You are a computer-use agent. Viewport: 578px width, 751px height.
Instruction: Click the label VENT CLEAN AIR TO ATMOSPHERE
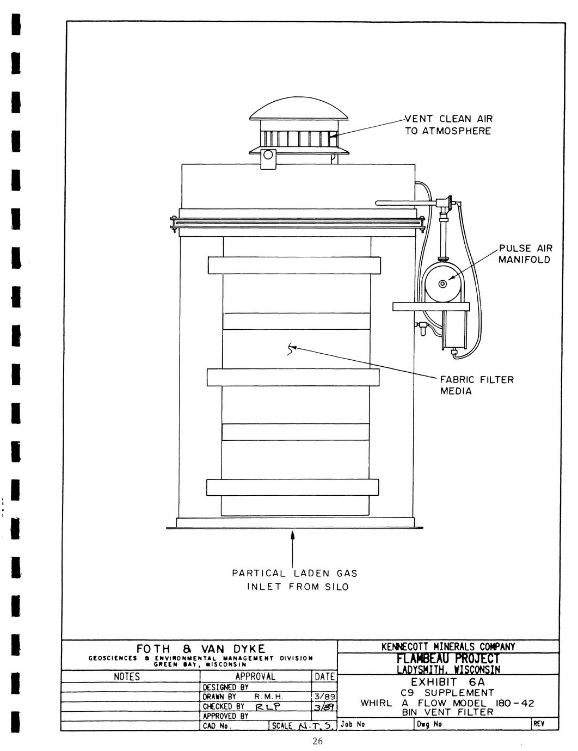pyautogui.click(x=448, y=125)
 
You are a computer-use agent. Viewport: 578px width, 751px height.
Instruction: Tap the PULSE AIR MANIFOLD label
pyautogui.click(x=525, y=254)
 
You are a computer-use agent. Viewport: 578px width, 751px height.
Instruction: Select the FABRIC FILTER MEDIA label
pyautogui.click(x=477, y=385)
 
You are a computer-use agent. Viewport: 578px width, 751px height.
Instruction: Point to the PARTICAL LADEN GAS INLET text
pyautogui.click(x=294, y=580)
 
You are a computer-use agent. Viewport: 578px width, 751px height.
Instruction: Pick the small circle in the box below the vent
pyautogui.click(x=268, y=155)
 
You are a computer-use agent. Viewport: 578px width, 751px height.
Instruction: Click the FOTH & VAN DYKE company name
pyautogui.click(x=200, y=649)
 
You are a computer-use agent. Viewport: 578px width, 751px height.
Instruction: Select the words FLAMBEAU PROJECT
pyautogui.click(x=448, y=658)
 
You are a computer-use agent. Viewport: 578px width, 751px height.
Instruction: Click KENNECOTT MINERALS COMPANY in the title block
pyautogui.click(x=448, y=647)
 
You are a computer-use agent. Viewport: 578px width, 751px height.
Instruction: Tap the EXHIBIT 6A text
pyautogui.click(x=447, y=681)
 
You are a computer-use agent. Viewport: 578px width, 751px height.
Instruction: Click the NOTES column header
pyautogui.click(x=127, y=677)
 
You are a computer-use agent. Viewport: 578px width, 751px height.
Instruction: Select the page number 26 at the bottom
pyautogui.click(x=318, y=741)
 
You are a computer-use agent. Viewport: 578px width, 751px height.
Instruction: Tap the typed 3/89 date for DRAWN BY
pyautogui.click(x=324, y=697)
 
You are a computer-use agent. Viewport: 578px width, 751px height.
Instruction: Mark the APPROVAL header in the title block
pyautogui.click(x=255, y=677)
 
